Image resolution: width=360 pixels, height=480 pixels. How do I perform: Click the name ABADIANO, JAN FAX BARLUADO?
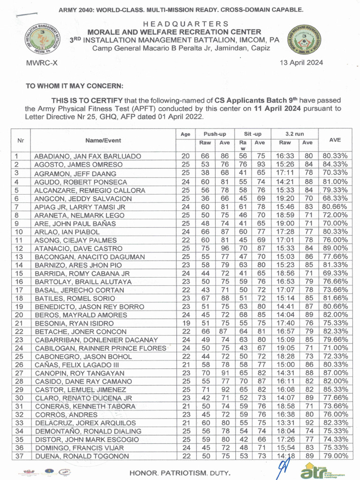pyautogui.click(x=88, y=157)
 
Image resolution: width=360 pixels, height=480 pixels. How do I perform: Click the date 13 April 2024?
pyautogui.click(x=301, y=63)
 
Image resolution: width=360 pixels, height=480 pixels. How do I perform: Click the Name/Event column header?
pyautogui.click(x=103, y=140)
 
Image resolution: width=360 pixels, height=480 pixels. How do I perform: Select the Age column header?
pyautogui.click(x=186, y=135)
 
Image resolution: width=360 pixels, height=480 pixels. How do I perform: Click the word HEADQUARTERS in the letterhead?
pyautogui.click(x=186, y=24)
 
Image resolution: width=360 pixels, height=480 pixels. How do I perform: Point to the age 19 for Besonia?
pyautogui.click(x=186, y=323)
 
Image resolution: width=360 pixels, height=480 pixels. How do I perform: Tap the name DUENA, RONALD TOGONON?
pyautogui.click(x=82, y=457)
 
